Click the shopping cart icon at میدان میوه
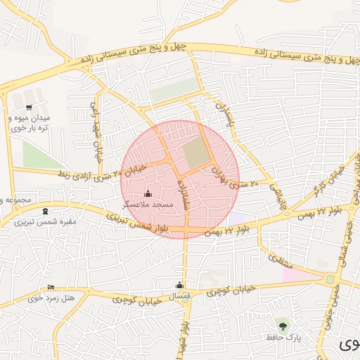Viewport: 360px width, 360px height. pos(28,108)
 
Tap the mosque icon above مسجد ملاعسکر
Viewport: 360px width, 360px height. pos(148,194)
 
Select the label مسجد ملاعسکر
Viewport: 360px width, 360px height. pos(148,204)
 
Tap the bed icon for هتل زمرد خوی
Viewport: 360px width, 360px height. pos(51,288)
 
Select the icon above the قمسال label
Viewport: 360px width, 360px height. pos(179,285)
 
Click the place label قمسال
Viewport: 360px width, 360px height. pos(181,296)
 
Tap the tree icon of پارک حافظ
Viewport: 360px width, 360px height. pos(283,325)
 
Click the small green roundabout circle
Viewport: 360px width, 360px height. pos(330,280)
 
